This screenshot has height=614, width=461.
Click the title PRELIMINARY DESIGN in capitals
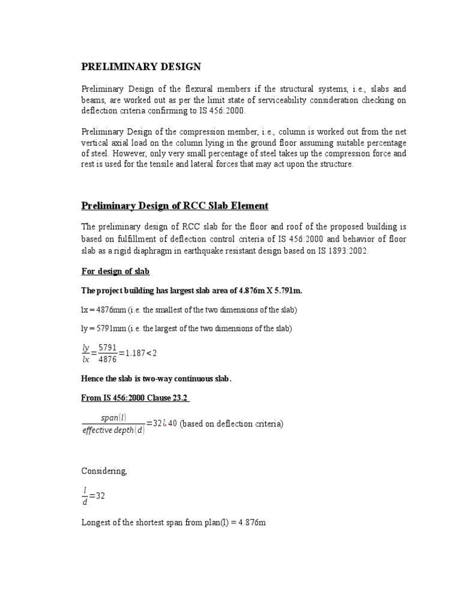tap(141, 67)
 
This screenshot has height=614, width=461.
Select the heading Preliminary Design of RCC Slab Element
tap(175, 206)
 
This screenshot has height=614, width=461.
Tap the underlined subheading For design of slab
tap(115, 272)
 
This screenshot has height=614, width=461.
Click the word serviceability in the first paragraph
tap(264, 101)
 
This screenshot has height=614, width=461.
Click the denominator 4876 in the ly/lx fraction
tap(108, 359)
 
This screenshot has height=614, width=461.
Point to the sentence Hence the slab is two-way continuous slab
tap(156, 379)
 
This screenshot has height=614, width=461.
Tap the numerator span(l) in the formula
tap(114, 418)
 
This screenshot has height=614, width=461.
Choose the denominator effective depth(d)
tap(113, 431)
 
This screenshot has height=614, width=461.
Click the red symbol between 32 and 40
tap(165, 424)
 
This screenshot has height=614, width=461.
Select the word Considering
tap(104, 471)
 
